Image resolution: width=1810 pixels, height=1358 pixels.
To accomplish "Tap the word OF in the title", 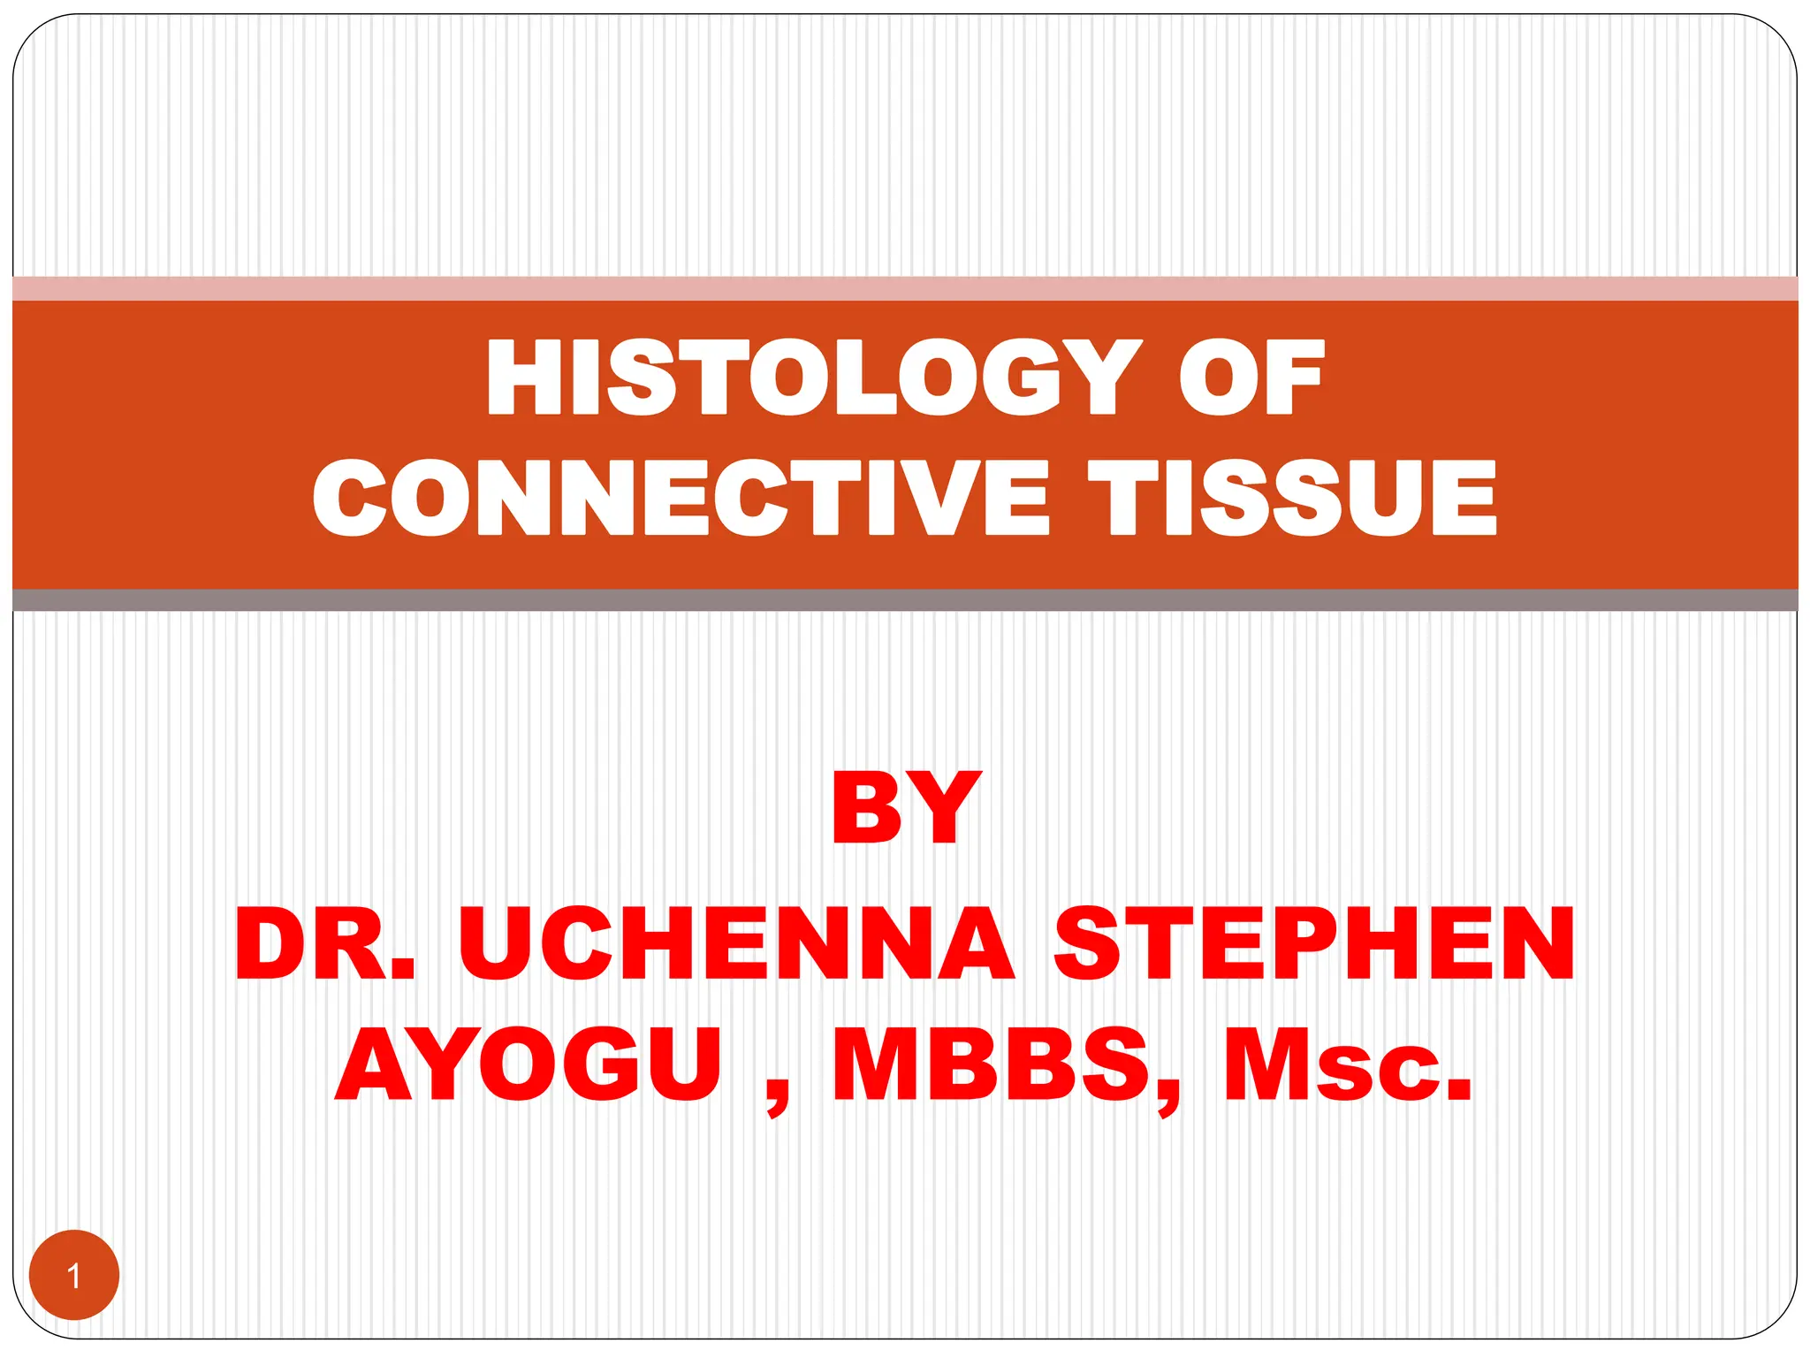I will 1251,378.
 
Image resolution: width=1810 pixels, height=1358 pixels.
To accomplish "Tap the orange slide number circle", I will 74,1275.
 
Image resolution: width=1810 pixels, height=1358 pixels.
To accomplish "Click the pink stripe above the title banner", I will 905,289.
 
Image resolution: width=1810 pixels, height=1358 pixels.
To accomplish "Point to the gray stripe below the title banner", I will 905,600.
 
